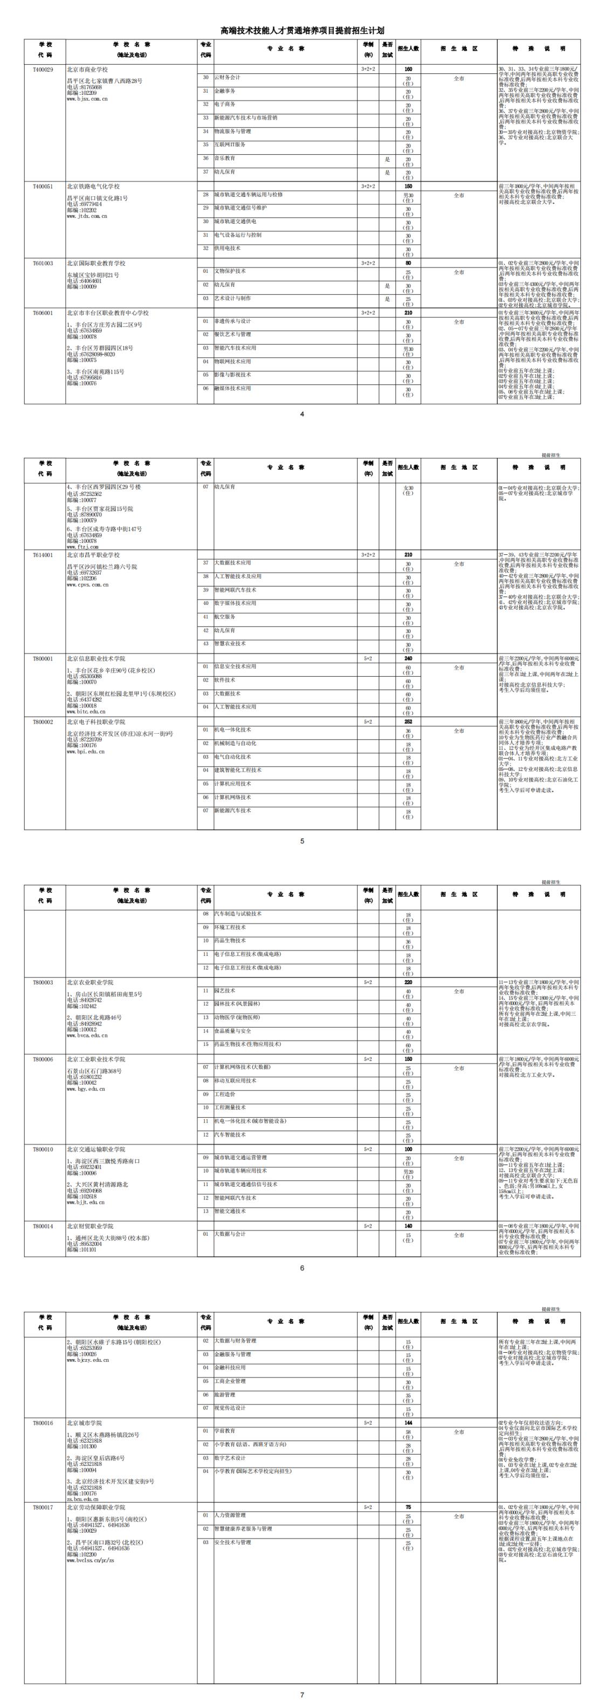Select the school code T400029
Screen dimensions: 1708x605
point(43,70)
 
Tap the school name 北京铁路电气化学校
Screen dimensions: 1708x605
point(93,187)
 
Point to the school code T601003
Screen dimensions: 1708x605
point(43,264)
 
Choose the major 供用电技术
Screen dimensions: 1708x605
point(227,248)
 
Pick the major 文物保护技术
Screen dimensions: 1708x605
point(230,271)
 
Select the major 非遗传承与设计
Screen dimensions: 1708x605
point(232,321)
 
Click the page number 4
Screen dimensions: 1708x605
point(302,415)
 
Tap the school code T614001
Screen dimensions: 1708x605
point(43,555)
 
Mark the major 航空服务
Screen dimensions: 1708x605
point(224,617)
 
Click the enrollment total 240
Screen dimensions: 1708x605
point(408,658)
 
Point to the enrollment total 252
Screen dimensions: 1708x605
point(408,722)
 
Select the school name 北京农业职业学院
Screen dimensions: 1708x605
point(90,983)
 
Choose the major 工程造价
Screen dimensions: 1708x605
point(224,1094)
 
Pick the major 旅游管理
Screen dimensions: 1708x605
point(224,1394)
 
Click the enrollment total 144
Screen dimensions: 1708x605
point(408,1423)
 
